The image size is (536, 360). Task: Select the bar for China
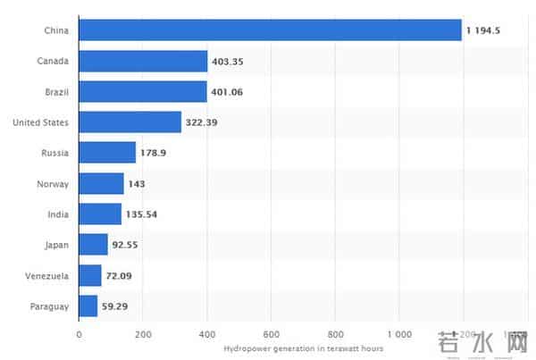point(270,30)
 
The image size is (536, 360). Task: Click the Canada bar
point(143,61)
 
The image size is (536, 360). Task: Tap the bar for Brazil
point(143,91)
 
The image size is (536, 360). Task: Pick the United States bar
point(130,121)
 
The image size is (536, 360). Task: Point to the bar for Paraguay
point(88,306)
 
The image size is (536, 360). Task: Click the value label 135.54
point(142,213)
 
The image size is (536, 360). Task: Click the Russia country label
point(55,153)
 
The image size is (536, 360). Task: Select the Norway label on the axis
point(54,183)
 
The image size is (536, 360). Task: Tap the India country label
point(58,213)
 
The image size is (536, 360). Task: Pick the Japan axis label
point(56,245)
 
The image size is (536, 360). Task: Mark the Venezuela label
point(47,275)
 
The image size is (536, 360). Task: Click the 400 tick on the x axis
point(207,335)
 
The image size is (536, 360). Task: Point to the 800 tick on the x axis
point(336,335)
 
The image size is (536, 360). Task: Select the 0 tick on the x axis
point(80,335)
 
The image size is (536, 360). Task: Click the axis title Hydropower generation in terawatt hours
point(303,348)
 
